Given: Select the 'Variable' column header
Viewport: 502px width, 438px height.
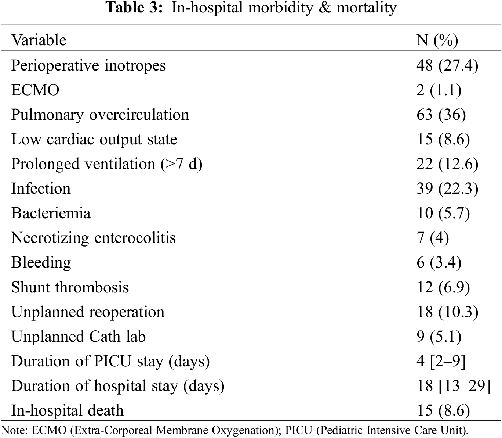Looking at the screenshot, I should pyautogui.click(x=39, y=40).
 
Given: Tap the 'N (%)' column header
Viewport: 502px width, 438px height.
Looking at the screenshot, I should pyautogui.click(x=437, y=40).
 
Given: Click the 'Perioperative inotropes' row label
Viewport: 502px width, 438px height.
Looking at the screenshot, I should pyautogui.click(x=88, y=65).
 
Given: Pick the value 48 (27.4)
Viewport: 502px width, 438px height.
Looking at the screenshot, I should pyautogui.click(x=447, y=65).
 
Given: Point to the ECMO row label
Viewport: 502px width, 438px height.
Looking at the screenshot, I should pyautogui.click(x=35, y=90).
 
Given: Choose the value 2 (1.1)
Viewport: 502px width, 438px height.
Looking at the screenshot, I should pyautogui.click(x=439, y=90).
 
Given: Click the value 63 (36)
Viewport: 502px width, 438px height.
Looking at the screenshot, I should pyautogui.click(x=441, y=115).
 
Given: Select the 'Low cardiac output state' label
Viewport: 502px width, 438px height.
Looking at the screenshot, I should pyautogui.click(x=94, y=139).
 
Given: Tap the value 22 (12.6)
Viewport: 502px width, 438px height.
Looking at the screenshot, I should pyautogui.click(x=447, y=164).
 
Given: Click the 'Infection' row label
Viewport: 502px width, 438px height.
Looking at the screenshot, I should pyautogui.click(x=41, y=189).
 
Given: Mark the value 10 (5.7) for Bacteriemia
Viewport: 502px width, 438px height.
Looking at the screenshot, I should pyautogui.click(x=443, y=213).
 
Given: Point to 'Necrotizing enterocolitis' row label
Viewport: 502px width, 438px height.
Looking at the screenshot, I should pyautogui.click(x=94, y=238).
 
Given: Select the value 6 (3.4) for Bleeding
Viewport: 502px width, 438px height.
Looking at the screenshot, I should pyautogui.click(x=439, y=262).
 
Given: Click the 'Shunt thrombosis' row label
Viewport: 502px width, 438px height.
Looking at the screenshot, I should pyautogui.click(x=70, y=287).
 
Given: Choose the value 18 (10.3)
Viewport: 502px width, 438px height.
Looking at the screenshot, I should pyautogui.click(x=447, y=312).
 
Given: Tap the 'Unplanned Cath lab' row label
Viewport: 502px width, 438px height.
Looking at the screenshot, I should pyautogui.click(x=79, y=337).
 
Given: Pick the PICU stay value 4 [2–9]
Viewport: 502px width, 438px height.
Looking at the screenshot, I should pyautogui.click(x=441, y=361).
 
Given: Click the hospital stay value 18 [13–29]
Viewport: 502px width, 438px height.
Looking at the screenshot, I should pyautogui.click(x=454, y=386).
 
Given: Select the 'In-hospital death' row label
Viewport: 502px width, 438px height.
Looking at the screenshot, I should pyautogui.click(x=68, y=410).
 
